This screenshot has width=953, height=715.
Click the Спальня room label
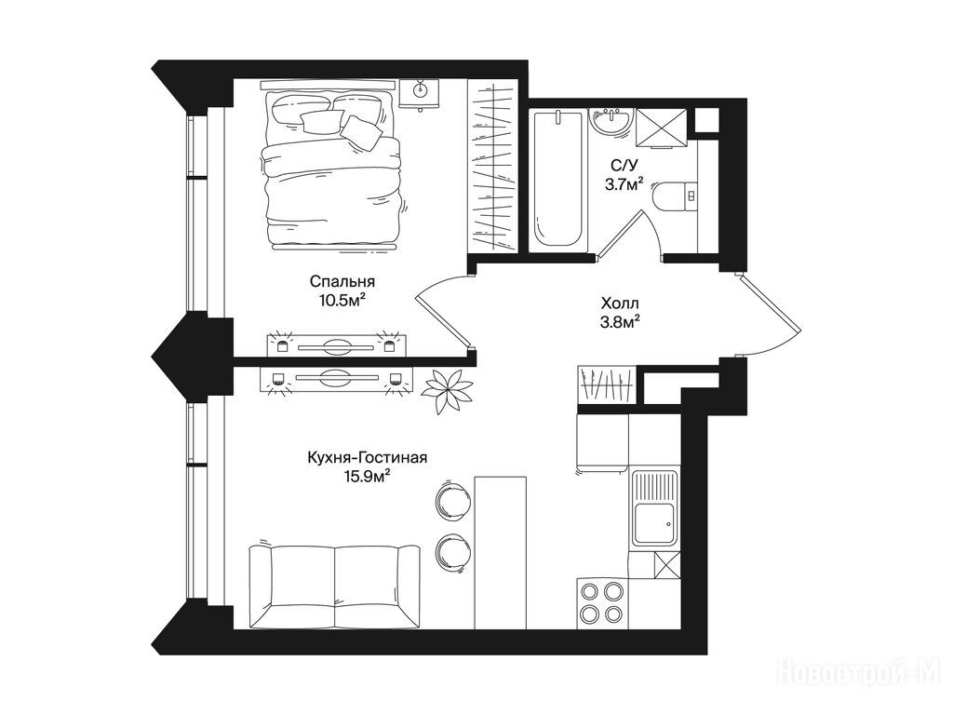(x=342, y=282)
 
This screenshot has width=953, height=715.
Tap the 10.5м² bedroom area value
(x=342, y=300)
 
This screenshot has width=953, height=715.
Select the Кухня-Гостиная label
(x=367, y=457)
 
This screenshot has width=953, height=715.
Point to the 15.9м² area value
(x=367, y=476)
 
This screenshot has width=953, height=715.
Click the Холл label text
(x=620, y=303)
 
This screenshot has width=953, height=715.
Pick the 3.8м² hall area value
(x=620, y=321)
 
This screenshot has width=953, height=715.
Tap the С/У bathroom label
(x=624, y=164)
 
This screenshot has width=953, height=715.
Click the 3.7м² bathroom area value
(x=624, y=183)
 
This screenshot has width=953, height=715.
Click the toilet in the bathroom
(x=675, y=196)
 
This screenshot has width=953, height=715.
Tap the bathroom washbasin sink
(x=611, y=124)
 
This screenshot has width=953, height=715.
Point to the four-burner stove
(x=602, y=603)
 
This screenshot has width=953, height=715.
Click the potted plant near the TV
(x=448, y=389)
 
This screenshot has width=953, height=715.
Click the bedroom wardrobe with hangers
(x=492, y=167)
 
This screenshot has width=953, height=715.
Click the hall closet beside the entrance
(x=606, y=384)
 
